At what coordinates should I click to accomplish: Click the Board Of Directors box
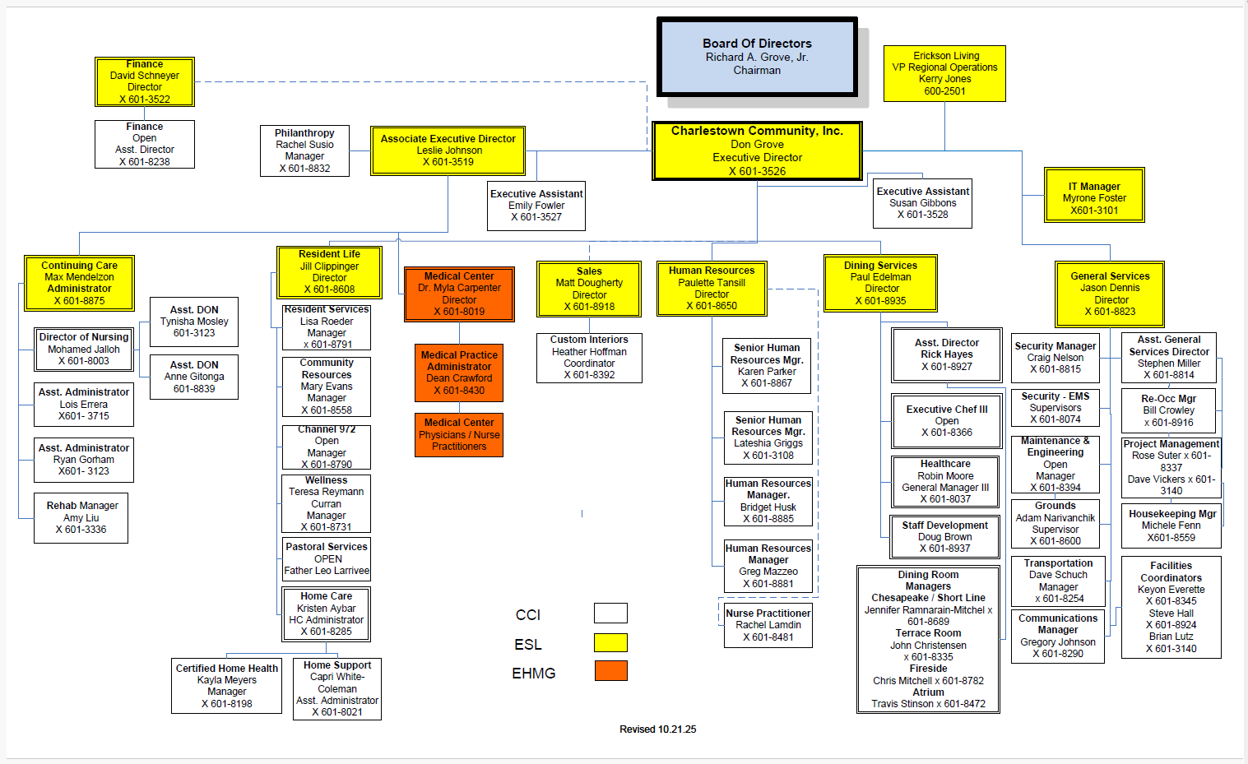[x=757, y=57]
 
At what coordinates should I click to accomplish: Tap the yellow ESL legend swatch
[x=610, y=642]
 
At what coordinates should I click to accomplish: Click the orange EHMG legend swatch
[x=610, y=671]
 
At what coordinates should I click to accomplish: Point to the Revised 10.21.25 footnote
[x=657, y=729]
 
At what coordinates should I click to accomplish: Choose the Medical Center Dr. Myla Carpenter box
[x=459, y=294]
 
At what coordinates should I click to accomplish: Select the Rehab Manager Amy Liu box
[x=81, y=518]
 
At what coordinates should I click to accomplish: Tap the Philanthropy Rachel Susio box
[x=304, y=150]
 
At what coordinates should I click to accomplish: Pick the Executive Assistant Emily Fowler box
[x=536, y=206]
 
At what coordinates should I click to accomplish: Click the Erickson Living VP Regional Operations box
[x=944, y=74]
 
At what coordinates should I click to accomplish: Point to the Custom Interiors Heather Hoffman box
[x=589, y=358]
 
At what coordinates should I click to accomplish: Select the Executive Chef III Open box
[x=947, y=421]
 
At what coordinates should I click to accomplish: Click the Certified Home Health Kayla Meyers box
[x=226, y=686]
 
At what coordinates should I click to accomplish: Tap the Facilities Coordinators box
[x=1171, y=607]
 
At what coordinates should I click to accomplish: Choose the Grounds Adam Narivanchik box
[x=1055, y=524]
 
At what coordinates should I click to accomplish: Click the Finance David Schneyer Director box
[x=145, y=81]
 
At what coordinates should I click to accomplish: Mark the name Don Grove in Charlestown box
[x=757, y=145]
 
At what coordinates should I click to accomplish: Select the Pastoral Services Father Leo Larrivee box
[x=327, y=558]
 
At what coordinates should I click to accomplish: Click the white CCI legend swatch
[x=610, y=613]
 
